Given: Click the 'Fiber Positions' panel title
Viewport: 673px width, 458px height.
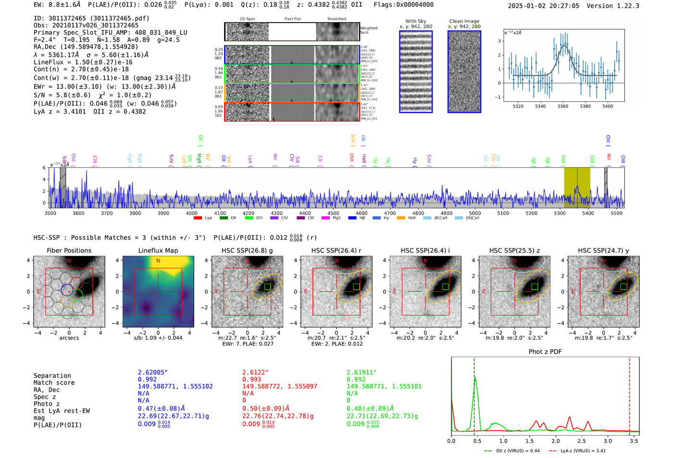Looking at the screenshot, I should pyautogui.click(x=69, y=250).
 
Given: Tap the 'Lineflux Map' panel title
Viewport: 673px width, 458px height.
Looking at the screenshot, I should pyautogui.click(x=158, y=250).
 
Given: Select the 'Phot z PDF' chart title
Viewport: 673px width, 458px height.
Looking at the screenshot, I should pyautogui.click(x=545, y=352).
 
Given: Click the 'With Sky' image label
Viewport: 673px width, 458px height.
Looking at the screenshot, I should pyautogui.click(x=415, y=21).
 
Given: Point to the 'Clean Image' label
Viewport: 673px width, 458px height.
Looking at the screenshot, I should pyautogui.click(x=464, y=21).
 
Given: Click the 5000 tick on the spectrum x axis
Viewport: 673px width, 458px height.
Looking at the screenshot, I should pyautogui.click(x=474, y=213).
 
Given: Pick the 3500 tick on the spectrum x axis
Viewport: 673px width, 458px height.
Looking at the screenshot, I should pyautogui.click(x=50, y=213).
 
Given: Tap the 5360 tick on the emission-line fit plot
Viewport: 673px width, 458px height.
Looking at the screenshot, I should pyautogui.click(x=562, y=106).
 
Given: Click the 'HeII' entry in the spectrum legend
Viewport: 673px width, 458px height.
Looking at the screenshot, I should pyautogui.click(x=411, y=218).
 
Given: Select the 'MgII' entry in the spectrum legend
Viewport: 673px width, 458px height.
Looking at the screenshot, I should pyautogui.click(x=336, y=218).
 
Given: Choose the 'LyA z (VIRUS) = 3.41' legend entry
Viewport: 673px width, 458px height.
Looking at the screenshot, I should pyautogui.click(x=584, y=451).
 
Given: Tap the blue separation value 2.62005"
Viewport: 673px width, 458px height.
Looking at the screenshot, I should pyautogui.click(x=153, y=372).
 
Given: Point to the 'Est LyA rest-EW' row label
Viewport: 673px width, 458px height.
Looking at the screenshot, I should pyautogui.click(x=62, y=411).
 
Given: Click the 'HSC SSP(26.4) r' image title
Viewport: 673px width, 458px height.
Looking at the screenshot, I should pyautogui.click(x=336, y=250).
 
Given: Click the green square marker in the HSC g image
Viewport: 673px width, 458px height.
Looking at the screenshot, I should pyautogui.click(x=267, y=286).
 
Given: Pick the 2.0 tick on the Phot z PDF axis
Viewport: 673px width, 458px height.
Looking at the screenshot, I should pyautogui.click(x=555, y=441).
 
